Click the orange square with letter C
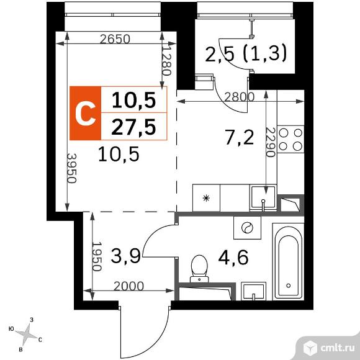coord(84,113)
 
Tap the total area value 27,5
coord(133,127)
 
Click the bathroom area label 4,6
coord(233,256)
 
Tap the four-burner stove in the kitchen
coord(290,139)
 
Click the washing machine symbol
coord(245,228)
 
